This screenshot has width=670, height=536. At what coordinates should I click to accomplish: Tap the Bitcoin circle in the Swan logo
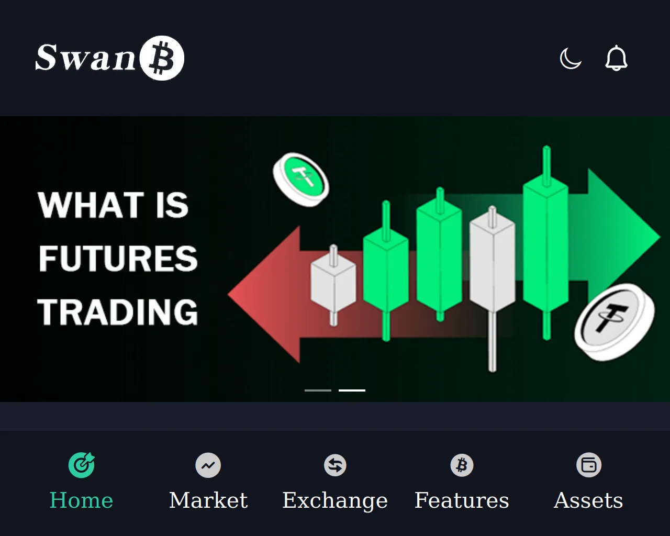pyautogui.click(x=162, y=58)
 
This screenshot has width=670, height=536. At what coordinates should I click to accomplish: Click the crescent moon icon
pyautogui.click(x=571, y=58)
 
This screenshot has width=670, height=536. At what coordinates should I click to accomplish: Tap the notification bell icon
pyautogui.click(x=616, y=58)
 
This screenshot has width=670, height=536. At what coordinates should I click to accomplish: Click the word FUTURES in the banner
pyautogui.click(x=118, y=259)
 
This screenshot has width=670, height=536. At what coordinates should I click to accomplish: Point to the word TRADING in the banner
pyautogui.click(x=118, y=312)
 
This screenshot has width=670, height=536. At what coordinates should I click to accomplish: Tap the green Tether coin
pyautogui.click(x=301, y=180)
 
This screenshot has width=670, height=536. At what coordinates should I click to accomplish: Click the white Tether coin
pyautogui.click(x=615, y=322)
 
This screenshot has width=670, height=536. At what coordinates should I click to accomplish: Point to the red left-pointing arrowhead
pyautogui.click(x=265, y=294)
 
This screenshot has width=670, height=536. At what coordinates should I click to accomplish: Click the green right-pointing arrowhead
pyautogui.click(x=623, y=237)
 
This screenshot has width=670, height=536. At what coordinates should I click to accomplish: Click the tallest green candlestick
pyautogui.click(x=546, y=243)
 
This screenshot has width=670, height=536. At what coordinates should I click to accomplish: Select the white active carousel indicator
pyautogui.click(x=352, y=390)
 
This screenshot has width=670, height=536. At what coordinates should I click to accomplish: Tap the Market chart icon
pyautogui.click(x=208, y=465)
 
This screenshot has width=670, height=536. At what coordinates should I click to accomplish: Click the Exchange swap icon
pyautogui.click(x=335, y=465)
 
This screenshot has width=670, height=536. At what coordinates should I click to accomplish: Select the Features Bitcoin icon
pyautogui.click(x=462, y=465)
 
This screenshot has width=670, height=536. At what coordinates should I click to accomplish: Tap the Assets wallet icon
pyautogui.click(x=589, y=465)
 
